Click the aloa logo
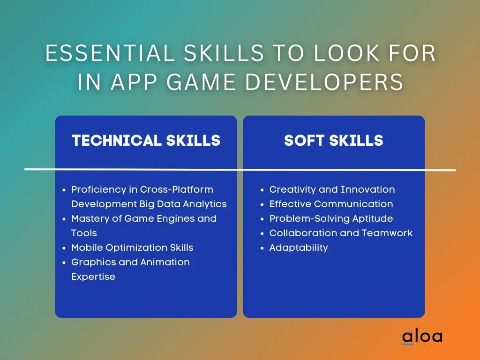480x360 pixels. coord(422,337)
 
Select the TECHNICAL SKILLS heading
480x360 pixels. coord(146,141)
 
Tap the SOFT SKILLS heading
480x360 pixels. coord(334,141)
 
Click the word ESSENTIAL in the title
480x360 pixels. coord(110,53)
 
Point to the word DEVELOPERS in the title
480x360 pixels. coord(324,82)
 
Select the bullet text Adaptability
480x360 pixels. coord(299,247)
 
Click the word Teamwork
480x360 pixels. coord(387,233)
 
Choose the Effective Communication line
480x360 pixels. coord(331,204)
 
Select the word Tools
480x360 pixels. coord(84,233)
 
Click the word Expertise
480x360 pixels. coord(93,277)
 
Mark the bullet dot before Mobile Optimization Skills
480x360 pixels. coord(64,248)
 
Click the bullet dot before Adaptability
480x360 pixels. coord(262,248)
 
